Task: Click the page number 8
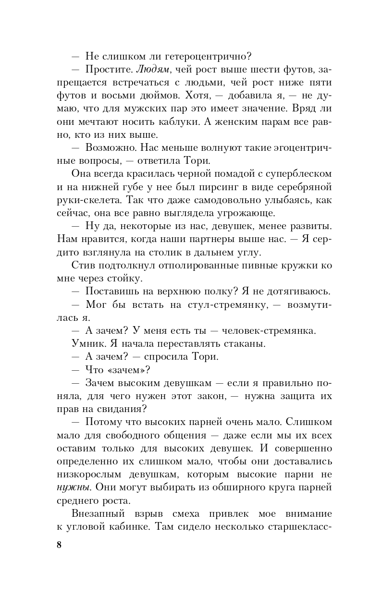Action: coord(59,545)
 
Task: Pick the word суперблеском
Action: coord(296,174)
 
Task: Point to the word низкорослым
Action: coord(100,474)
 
